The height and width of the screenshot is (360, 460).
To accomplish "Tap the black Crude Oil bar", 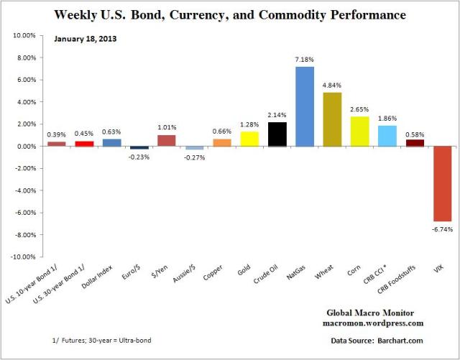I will point(276,134).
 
